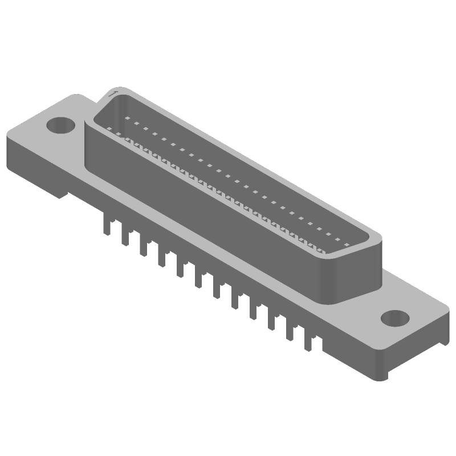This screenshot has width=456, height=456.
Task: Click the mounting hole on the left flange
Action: point(59,124)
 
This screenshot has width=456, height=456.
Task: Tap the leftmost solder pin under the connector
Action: point(105,225)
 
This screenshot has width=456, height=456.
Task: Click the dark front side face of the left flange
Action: point(34,165)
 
